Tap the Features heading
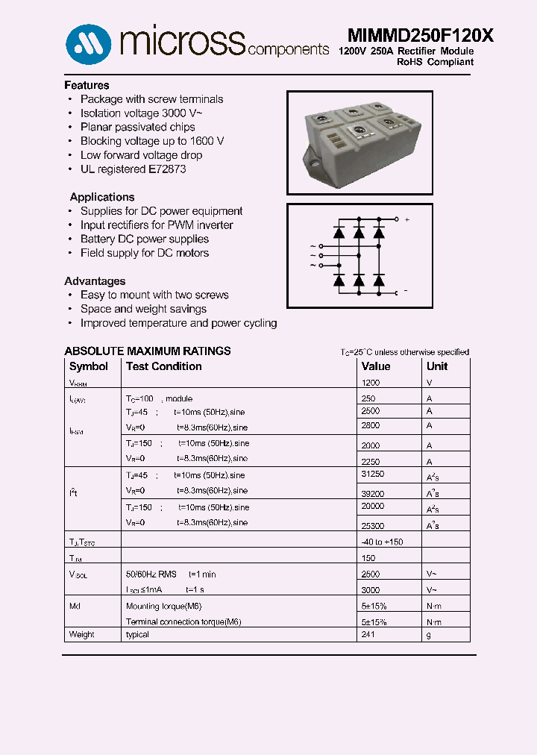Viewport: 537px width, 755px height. tap(87, 85)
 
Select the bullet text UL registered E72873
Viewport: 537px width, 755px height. tap(133, 169)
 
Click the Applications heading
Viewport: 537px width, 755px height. tap(102, 197)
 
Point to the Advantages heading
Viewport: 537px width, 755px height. tap(95, 281)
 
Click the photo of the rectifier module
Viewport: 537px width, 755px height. tap(359, 142)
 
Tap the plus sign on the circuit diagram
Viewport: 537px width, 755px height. tap(406, 219)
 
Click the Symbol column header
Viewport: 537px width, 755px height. tap(88, 366)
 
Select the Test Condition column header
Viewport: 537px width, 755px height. tap(163, 366)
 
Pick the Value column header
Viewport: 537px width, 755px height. tap(376, 366)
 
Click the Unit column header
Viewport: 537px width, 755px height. tap(437, 366)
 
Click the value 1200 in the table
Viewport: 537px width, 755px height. tap(371, 383)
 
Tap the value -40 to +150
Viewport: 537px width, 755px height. tap(382, 542)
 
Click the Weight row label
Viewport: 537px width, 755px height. tap(82, 635)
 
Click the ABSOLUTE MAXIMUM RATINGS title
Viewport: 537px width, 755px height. tap(148, 351)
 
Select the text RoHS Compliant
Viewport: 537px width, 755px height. tap(435, 62)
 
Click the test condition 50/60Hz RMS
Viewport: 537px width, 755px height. tap(151, 574)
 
